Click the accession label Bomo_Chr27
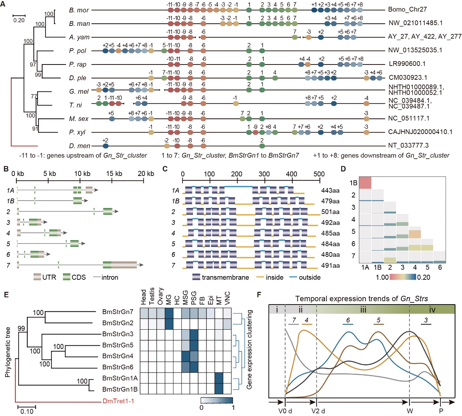pos(407,9)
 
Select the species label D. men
pos(79,146)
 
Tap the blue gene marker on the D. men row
pos(106,146)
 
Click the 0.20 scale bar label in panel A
pos(19,20)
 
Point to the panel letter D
pos(344,169)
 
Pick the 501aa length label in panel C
pos(330,212)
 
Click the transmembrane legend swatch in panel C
pos(196,277)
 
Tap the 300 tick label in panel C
pos(264,174)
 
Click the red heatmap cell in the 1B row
pos(365,183)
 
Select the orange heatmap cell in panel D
pos(415,232)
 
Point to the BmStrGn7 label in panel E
pos(118,312)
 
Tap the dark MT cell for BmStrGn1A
pos(219,378)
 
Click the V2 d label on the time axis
pos(318,411)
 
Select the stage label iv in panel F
pos(432,310)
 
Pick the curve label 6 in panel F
pos(348,321)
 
